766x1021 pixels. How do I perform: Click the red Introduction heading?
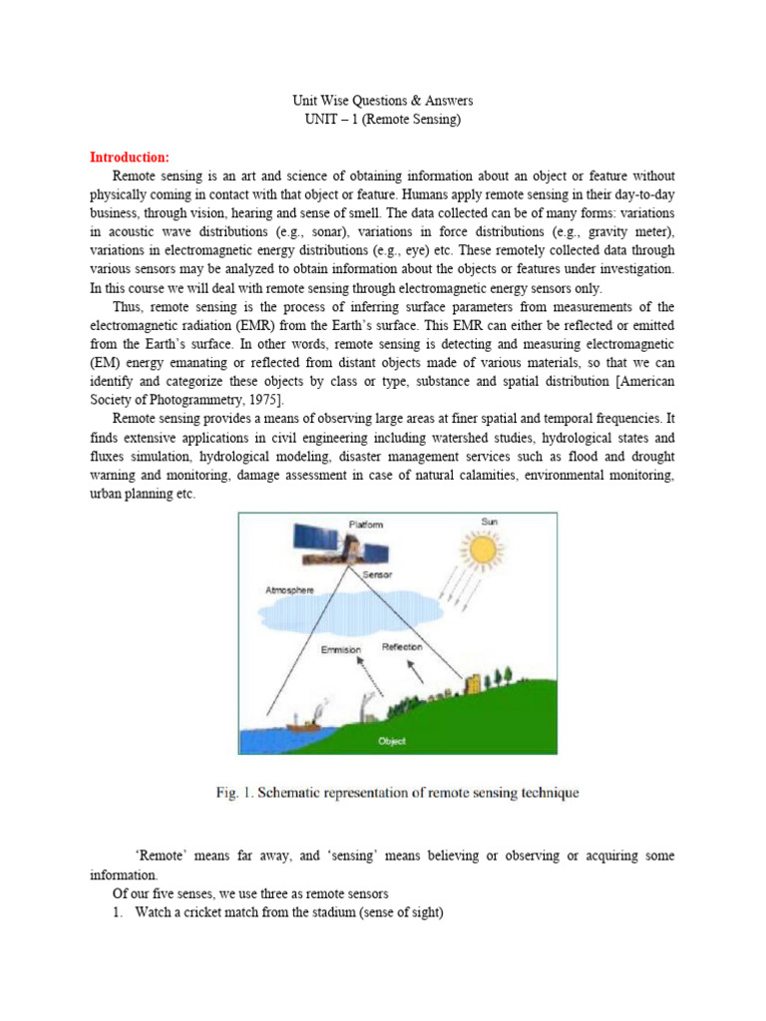pyautogui.click(x=130, y=158)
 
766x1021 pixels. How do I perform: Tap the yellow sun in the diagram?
pyautogui.click(x=484, y=549)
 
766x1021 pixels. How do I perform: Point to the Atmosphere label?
pyautogui.click(x=289, y=590)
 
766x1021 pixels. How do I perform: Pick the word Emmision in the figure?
pyautogui.click(x=339, y=650)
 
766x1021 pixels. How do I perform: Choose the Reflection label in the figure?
pyautogui.click(x=402, y=647)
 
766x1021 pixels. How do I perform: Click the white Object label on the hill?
pyautogui.click(x=392, y=741)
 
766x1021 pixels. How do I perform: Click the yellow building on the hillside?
pyautogui.click(x=468, y=687)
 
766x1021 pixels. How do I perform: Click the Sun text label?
pyautogui.click(x=489, y=521)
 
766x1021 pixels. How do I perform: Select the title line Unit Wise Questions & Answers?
pyautogui.click(x=382, y=101)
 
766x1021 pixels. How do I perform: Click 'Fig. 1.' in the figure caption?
pyautogui.click(x=231, y=794)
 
